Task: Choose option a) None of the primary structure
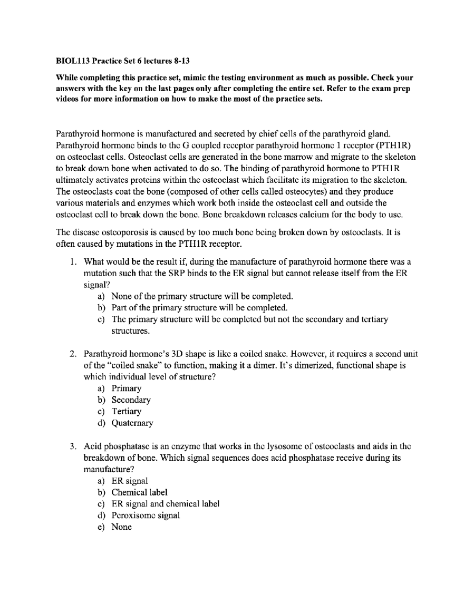(x=202, y=296)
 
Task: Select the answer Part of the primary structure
(x=199, y=307)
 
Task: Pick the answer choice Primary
(x=126, y=388)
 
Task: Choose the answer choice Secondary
(x=131, y=400)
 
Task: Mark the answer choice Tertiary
(x=126, y=411)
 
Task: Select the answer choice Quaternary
(x=132, y=423)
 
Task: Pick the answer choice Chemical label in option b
(x=139, y=492)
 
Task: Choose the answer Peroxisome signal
(x=145, y=516)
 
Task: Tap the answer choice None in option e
(x=121, y=527)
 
